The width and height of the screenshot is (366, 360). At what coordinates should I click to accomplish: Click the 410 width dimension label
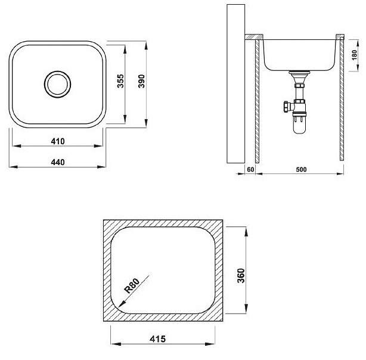coord(57,141)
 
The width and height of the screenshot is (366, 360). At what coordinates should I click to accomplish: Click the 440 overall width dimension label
coord(57,162)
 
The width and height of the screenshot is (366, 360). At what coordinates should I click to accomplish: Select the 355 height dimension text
coord(120,82)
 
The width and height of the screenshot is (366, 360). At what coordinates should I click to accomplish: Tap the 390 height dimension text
coord(141,82)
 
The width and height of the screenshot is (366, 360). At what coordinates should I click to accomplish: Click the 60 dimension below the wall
coord(250,169)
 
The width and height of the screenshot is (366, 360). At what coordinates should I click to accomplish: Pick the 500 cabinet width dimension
coord(301,169)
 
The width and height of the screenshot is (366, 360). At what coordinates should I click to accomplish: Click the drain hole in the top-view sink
coord(57,83)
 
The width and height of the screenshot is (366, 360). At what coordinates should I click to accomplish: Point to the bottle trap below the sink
coord(298,122)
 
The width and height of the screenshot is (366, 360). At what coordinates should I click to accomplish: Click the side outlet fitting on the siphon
coord(285,108)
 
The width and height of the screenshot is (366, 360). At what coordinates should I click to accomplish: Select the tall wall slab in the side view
coord(237,83)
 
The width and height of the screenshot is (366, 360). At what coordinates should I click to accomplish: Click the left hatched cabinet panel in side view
coord(257,101)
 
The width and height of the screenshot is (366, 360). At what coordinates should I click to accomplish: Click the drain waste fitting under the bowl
coord(298,77)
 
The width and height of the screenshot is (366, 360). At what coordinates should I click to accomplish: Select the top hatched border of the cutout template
coord(164,224)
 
